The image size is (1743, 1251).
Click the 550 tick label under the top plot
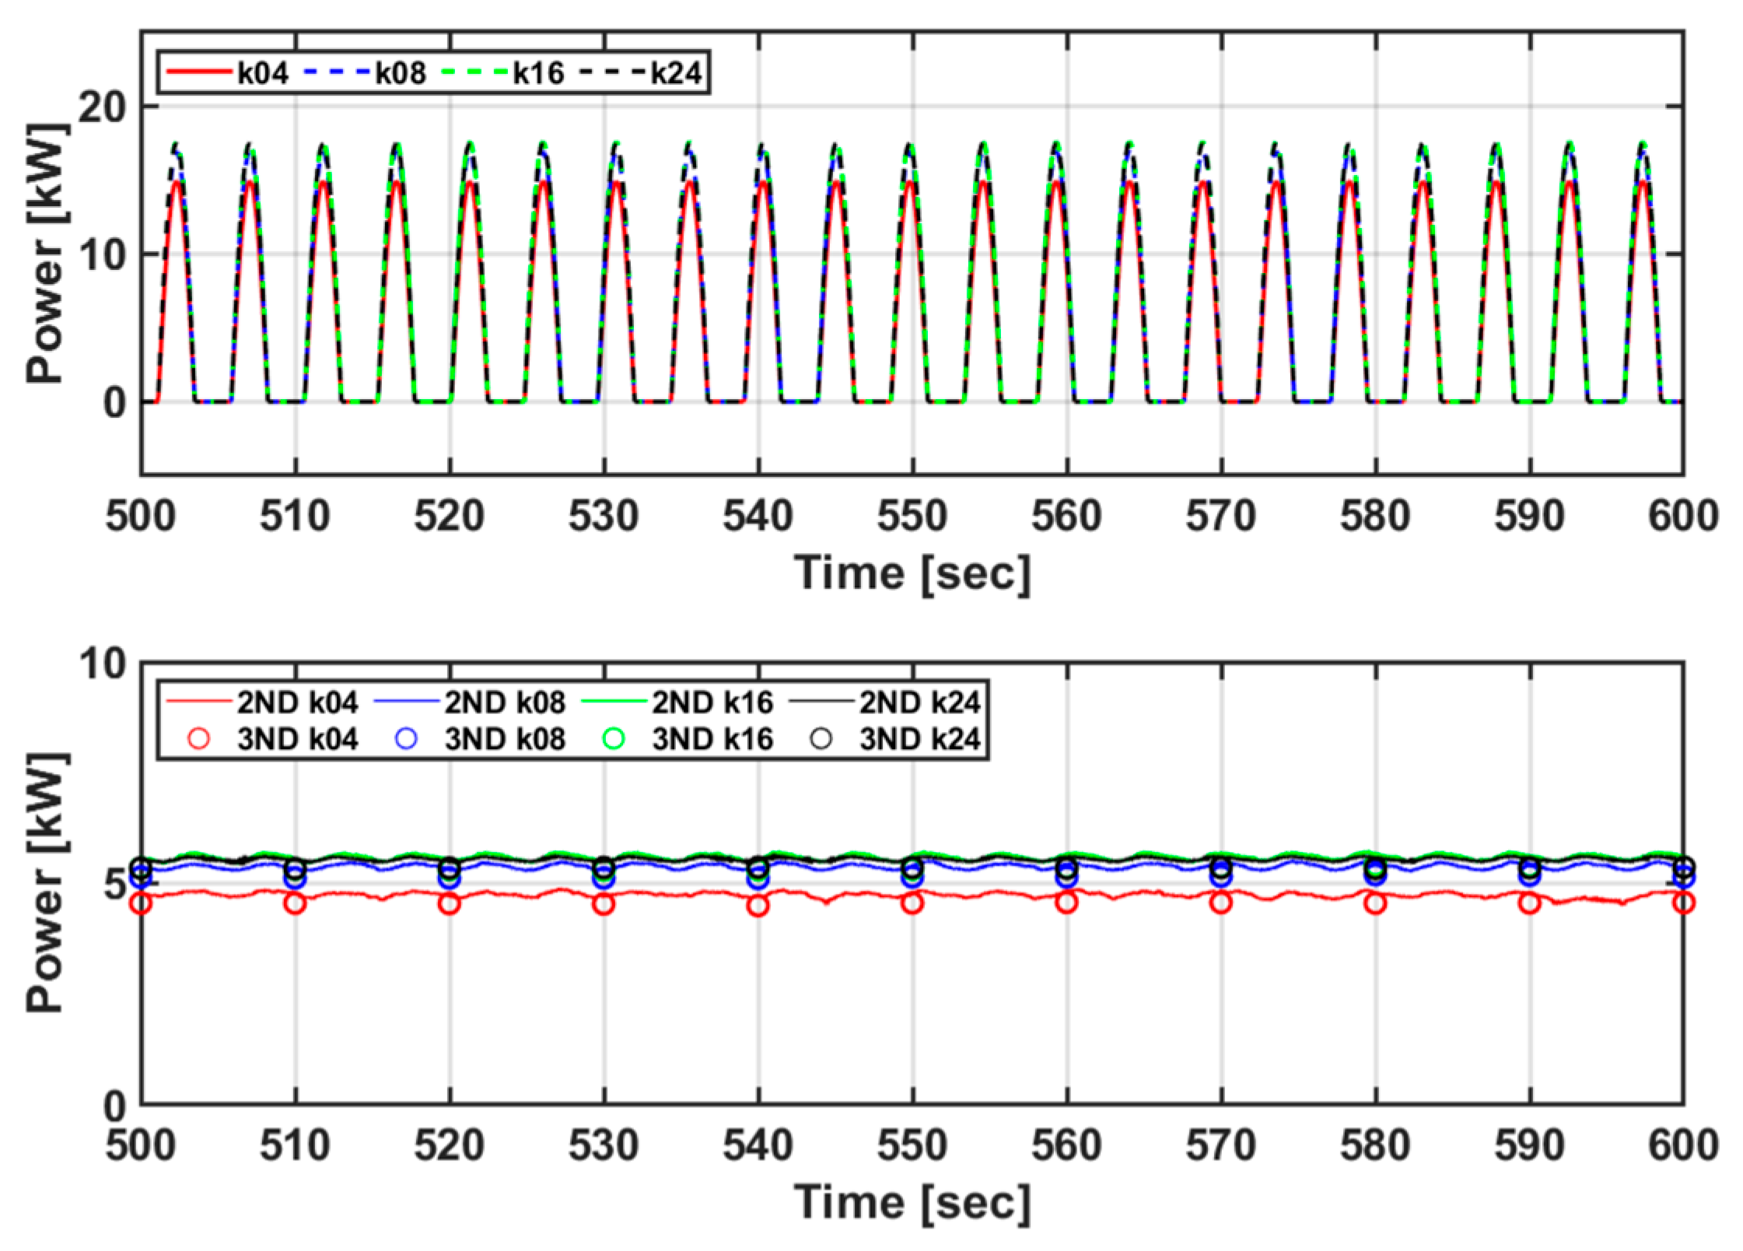[912, 517]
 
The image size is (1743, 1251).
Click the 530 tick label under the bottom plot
[603, 1145]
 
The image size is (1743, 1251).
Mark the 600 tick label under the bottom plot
[1682, 1145]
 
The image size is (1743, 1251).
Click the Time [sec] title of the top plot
[912, 574]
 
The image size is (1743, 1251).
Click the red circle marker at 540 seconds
[758, 906]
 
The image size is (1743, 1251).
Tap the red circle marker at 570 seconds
[1221, 903]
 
